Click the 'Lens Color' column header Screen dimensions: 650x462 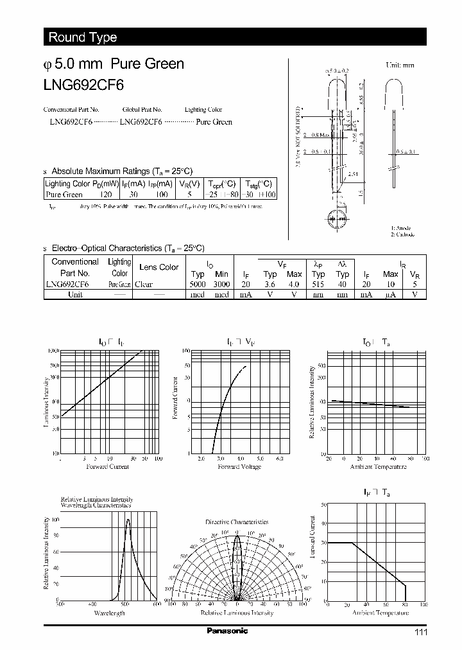click(159, 267)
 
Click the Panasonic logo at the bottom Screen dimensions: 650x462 click(227, 631)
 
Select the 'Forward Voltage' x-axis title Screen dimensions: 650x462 click(239, 467)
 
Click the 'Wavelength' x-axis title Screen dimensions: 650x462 click(108, 614)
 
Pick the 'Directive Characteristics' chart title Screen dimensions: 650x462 click(237, 522)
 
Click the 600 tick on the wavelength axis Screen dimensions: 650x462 click(156, 604)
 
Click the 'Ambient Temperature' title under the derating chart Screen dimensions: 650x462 click(381, 613)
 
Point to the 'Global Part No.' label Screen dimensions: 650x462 click(142, 110)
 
